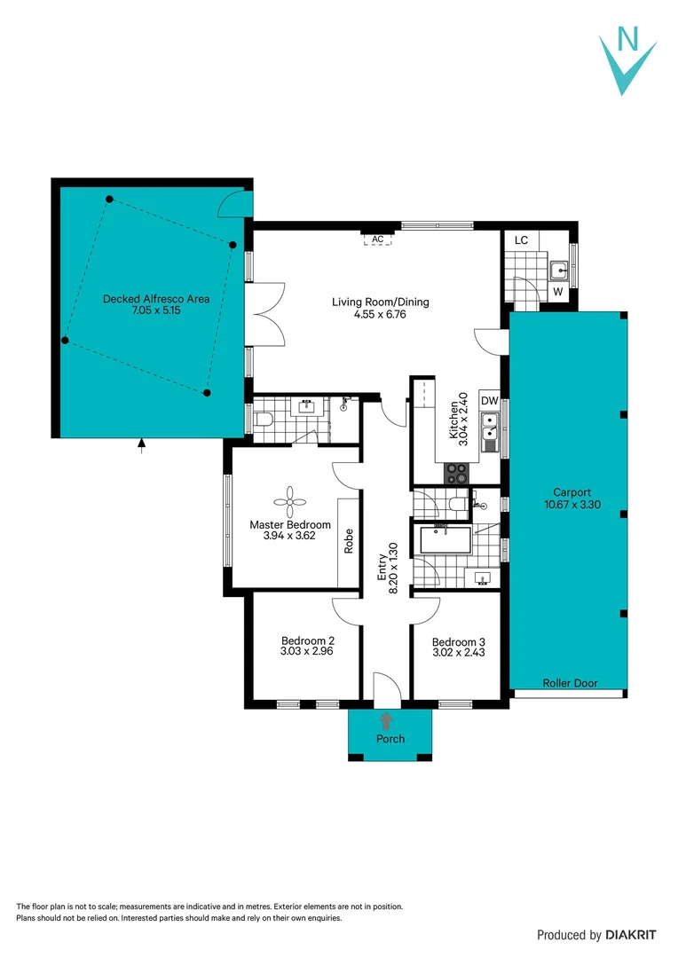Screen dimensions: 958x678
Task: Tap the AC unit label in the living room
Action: point(377,239)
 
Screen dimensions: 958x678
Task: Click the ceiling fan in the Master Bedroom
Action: point(290,503)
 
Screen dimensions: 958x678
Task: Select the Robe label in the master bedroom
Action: point(349,541)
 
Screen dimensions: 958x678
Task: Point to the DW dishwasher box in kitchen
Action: point(490,401)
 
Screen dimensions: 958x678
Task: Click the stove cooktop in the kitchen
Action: point(455,474)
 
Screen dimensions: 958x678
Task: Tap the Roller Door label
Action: point(571,683)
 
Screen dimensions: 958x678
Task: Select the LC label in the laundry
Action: point(521,240)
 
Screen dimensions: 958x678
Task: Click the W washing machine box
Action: point(558,291)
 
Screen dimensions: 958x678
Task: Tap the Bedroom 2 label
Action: point(307,640)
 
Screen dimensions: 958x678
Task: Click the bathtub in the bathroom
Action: point(445,539)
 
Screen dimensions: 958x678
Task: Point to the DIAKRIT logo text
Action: point(631,934)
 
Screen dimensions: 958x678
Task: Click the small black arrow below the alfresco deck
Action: point(142,445)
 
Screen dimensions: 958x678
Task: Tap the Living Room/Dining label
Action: point(380,302)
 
